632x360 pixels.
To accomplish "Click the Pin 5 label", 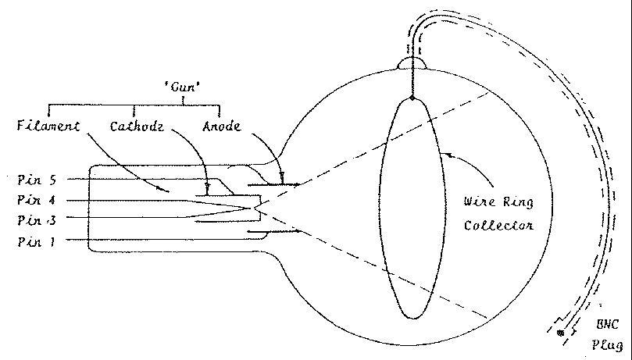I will [x=36, y=179].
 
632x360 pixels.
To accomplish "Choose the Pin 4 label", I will [x=36, y=200].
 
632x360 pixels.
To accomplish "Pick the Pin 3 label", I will [x=36, y=220].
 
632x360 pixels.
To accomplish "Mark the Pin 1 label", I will [x=36, y=241].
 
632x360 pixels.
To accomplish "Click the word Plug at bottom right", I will [x=609, y=343].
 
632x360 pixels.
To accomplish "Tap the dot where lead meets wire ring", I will [x=412, y=98].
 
